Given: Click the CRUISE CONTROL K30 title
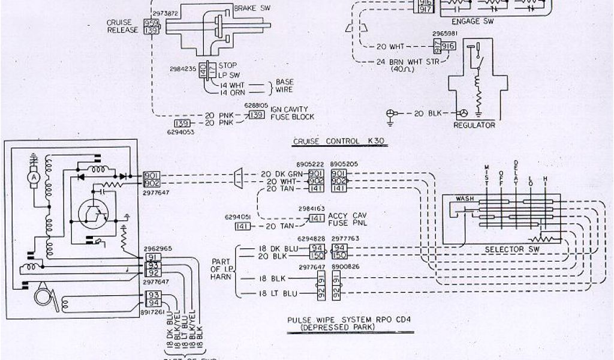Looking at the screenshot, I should coord(338,142).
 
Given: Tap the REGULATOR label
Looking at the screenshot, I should coord(474,125).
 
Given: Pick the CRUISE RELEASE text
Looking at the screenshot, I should coord(122,27).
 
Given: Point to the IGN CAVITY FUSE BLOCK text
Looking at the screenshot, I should coord(291,112).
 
